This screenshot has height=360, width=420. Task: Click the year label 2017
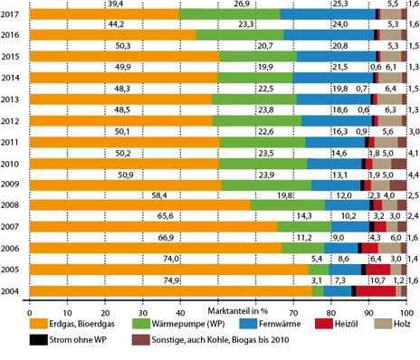tap(13, 14)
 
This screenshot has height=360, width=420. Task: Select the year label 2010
tap(13, 164)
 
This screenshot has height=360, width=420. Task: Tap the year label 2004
tap(13, 291)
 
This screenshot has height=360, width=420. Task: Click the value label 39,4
tap(115, 5)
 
